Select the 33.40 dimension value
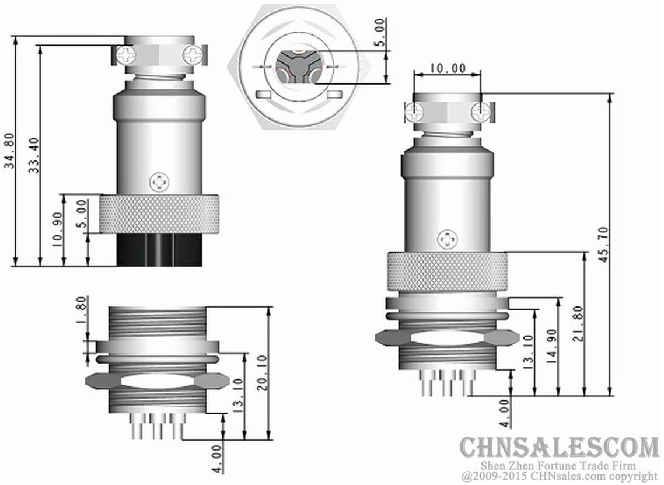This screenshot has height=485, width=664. point(34,156)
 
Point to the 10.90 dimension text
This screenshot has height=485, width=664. point(57,230)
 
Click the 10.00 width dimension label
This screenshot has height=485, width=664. point(448,68)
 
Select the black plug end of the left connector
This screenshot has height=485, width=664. point(159,250)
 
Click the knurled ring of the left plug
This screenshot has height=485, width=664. point(159,214)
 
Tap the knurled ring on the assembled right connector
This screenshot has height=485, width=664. point(447,271)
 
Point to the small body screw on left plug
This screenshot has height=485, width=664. point(158,182)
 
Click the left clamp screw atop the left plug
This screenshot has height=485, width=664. point(126,55)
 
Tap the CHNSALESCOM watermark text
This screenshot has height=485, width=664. point(558,448)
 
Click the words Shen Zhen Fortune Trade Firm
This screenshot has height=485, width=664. point(558,465)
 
